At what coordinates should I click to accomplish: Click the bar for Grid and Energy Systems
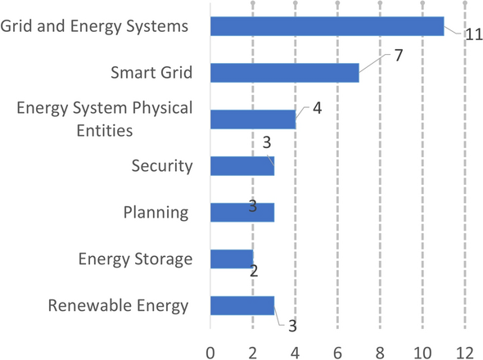point(327,26)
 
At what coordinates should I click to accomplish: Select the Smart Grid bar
point(284,73)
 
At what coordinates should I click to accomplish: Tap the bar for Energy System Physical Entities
point(253,119)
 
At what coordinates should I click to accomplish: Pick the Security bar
point(242,166)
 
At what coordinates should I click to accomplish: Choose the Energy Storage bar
point(232,259)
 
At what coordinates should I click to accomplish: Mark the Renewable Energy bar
point(242,306)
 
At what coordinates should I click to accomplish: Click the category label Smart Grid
point(151,73)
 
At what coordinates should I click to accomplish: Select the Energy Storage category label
point(135,259)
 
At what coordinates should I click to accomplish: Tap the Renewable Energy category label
point(118,306)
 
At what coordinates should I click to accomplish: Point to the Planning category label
point(156,213)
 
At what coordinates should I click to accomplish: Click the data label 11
point(473,34)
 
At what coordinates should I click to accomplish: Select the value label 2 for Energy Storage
point(254,271)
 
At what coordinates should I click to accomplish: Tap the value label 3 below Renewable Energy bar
point(291,326)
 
